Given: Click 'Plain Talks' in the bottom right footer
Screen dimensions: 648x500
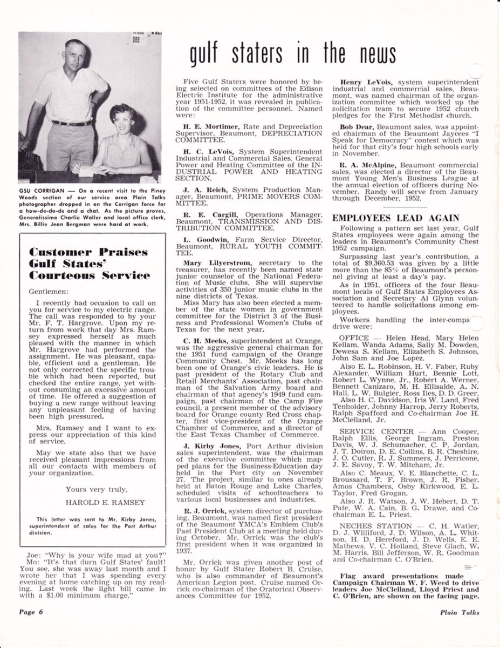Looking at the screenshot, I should (459, 612).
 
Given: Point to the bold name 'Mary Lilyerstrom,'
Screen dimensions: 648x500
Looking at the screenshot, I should (217, 263).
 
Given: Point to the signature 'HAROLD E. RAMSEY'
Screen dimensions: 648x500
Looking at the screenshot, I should (98, 502).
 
